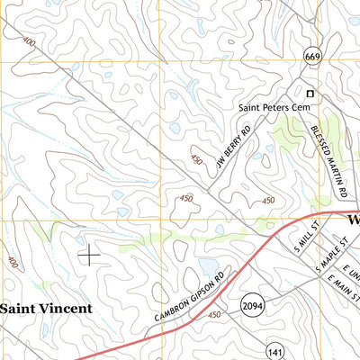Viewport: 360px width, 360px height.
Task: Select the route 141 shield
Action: click(275, 349)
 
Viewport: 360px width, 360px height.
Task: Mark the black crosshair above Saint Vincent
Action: click(90, 256)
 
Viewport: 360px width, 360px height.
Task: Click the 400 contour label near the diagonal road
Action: click(31, 42)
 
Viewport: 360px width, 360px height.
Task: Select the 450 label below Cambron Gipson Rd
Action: click(214, 315)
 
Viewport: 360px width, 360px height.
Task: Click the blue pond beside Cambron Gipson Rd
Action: click(209, 267)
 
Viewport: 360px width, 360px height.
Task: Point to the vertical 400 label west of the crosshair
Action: click(12, 263)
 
